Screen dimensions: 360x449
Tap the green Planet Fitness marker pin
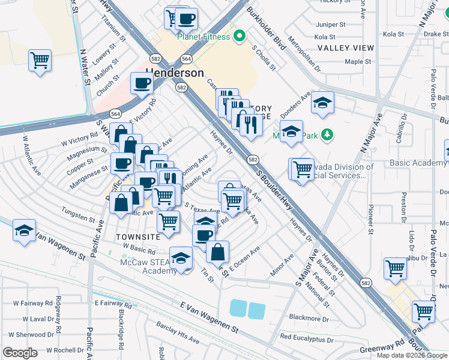pos(240,37)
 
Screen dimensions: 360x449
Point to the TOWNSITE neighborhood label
pos(138,237)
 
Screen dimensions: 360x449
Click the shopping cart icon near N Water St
pos(40,60)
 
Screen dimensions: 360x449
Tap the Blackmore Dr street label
pos(309,318)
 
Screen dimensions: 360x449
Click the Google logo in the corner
pos(20,353)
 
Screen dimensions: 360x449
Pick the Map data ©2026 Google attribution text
pos(412,355)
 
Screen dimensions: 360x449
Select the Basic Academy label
pos(417,163)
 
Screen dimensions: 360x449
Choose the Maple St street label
pos(358,61)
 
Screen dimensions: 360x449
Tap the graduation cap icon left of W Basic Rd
pos(24,230)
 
